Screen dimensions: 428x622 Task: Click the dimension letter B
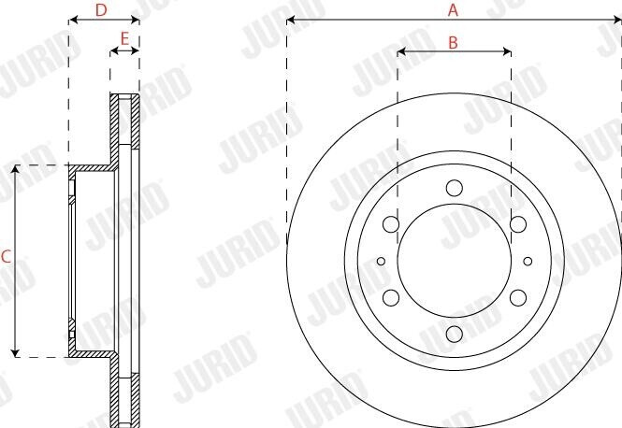pos(453,42)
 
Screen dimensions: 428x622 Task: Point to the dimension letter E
pos(123,38)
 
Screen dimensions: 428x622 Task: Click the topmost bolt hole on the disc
pos(454,187)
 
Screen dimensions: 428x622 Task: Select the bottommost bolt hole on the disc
pos(454,334)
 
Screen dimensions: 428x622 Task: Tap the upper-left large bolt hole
pos(391,223)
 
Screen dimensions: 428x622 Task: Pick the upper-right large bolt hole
pos(517,223)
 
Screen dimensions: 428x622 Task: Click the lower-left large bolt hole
pos(391,297)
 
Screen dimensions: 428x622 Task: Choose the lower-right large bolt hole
pos(517,297)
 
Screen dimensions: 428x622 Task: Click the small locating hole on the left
pos(381,261)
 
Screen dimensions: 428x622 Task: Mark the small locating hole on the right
pos(528,261)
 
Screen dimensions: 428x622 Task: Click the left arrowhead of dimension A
pos(291,19)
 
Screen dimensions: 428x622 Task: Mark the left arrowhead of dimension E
pos(113,52)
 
